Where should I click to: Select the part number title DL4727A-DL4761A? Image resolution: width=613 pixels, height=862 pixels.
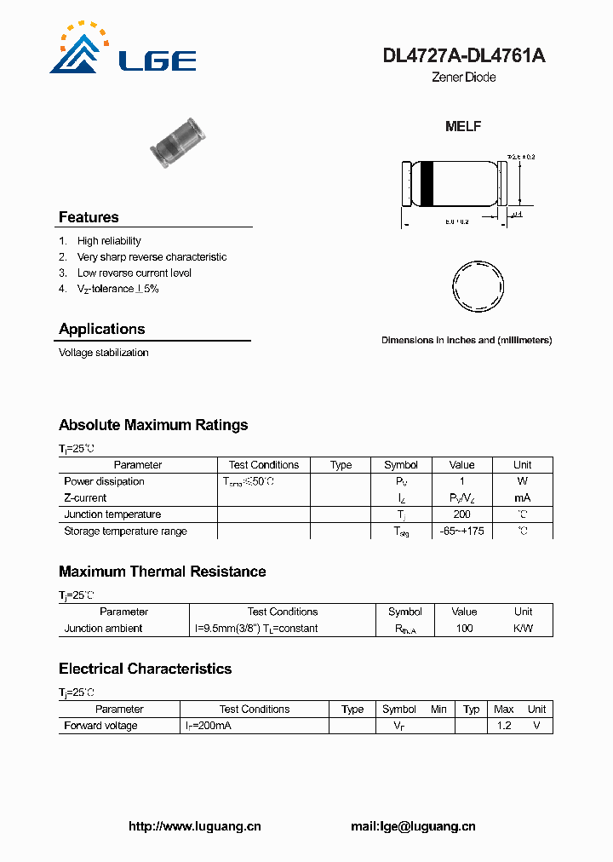point(464,56)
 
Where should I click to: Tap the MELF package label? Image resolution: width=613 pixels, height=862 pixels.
point(463,126)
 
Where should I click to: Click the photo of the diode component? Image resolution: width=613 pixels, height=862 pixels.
point(178,143)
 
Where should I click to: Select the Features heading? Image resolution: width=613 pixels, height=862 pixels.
point(89,217)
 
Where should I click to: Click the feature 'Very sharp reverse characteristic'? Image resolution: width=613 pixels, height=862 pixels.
point(152,257)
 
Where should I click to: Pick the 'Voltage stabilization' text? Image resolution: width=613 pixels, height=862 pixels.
point(103,353)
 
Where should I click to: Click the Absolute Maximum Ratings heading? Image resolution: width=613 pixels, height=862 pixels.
point(153,425)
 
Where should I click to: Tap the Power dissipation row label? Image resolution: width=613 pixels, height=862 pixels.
point(104,481)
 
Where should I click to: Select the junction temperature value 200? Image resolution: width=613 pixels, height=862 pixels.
point(462,514)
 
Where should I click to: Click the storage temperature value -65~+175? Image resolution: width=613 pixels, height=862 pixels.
point(462,531)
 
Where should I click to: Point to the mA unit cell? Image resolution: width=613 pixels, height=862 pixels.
point(522,497)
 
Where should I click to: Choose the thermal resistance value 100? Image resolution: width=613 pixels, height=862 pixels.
point(464,629)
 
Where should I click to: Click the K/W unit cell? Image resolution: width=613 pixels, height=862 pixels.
point(523,629)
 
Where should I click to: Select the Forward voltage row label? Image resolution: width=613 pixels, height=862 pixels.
point(100,726)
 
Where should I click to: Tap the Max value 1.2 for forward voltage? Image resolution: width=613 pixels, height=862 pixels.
point(504,726)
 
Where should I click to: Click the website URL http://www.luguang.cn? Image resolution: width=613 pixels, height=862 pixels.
point(194,826)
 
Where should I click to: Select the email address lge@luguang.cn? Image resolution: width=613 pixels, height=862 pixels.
point(413,826)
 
